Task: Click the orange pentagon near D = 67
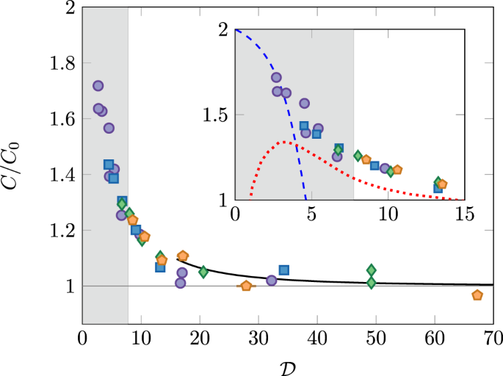coord(477,295)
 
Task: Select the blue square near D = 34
coord(284,270)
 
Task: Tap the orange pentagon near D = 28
coord(246,286)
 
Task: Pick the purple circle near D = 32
coord(271,281)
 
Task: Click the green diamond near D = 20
coord(203,272)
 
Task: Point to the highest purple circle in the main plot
coord(98,86)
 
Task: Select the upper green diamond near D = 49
coord(372,270)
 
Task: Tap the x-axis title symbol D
coord(287,364)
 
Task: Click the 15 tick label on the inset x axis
coord(464,215)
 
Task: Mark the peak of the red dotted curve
coord(282,142)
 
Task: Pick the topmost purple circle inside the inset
coord(276,77)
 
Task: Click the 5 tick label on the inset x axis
coord(311,215)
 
